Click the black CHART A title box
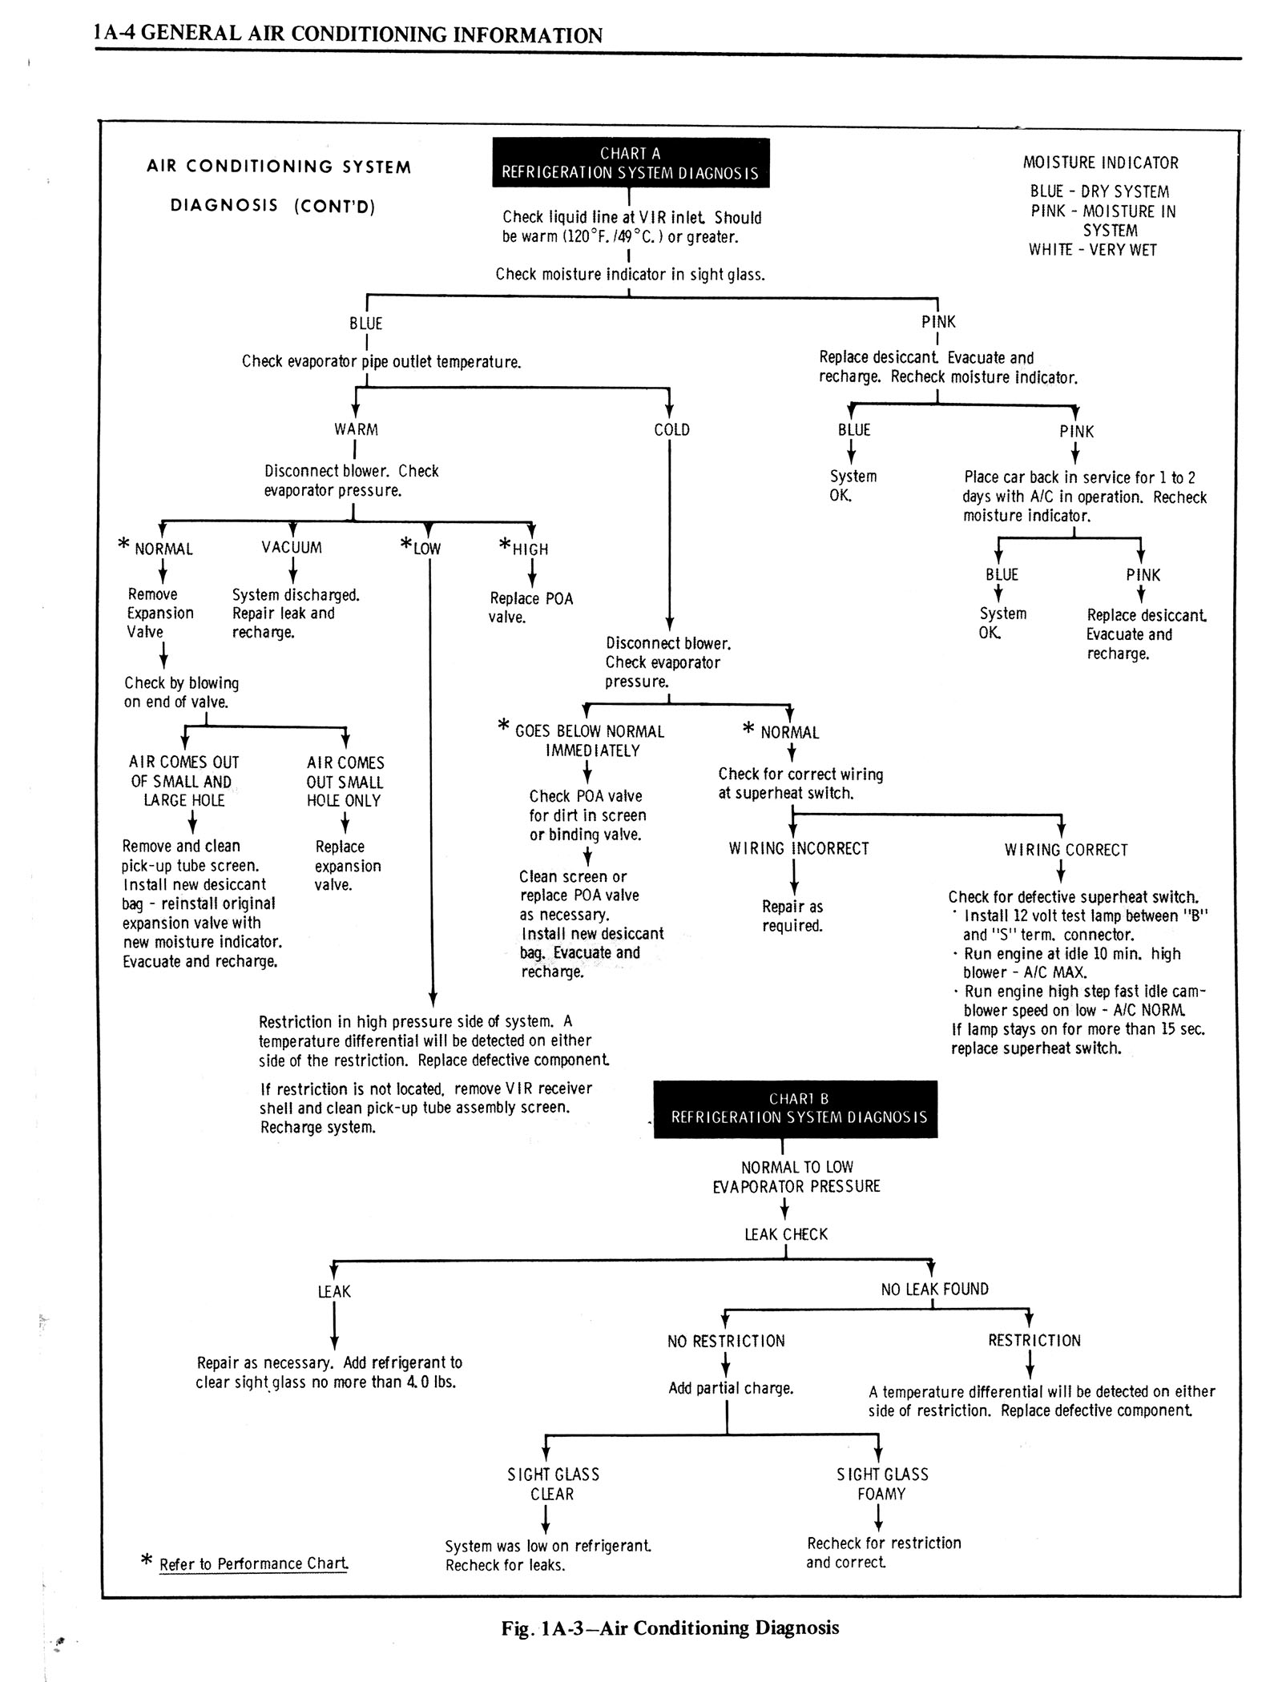(630, 163)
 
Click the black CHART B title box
(795, 1109)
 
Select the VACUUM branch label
(292, 548)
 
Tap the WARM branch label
(356, 429)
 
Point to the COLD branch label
(671, 429)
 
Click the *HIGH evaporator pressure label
(525, 549)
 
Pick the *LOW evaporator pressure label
(421, 549)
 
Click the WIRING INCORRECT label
(798, 849)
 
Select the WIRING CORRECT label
(1066, 850)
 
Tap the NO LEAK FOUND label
(934, 1289)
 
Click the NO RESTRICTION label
(726, 1341)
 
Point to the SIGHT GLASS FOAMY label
(881, 1483)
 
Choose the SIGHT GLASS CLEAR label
(553, 1483)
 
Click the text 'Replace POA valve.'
(530, 608)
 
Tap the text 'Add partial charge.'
(731, 1388)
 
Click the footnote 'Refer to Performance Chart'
(253, 1563)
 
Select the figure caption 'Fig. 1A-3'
(670, 1628)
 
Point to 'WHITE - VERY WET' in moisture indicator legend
(1093, 250)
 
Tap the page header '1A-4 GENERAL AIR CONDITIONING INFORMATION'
(348, 35)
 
